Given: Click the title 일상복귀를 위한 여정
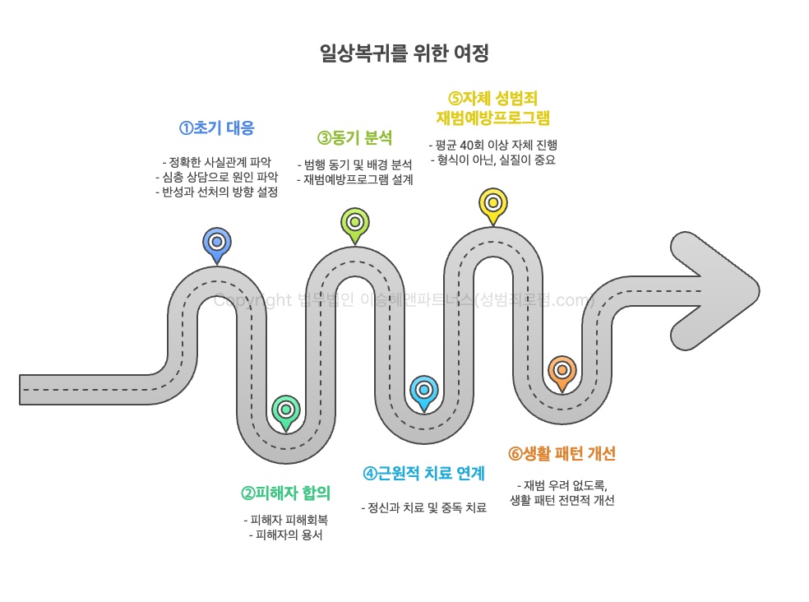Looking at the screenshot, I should tap(404, 54).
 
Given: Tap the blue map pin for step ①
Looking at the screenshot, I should tap(217, 243).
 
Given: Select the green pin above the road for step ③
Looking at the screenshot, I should tap(355, 222).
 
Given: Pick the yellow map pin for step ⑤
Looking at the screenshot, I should tap(493, 202).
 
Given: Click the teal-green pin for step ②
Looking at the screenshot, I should tap(286, 410).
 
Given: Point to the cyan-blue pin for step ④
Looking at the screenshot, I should tap(424, 390).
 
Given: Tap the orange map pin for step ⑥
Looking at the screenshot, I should tap(562, 371).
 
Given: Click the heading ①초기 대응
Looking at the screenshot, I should tap(217, 128).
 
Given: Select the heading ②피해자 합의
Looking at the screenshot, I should tap(285, 493).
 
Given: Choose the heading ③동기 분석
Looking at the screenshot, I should tap(355, 137).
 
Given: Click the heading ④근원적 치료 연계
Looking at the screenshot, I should tap(424, 474).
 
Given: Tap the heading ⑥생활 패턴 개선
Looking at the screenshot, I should tap(562, 454).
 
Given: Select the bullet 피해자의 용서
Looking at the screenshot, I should tap(285, 535).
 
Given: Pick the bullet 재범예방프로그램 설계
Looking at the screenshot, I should tap(354, 179).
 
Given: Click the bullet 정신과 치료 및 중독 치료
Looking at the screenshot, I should tap(424, 507).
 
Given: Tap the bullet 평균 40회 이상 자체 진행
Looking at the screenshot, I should tap(492, 145).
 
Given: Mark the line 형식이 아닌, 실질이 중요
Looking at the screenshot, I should tap(492, 160).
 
